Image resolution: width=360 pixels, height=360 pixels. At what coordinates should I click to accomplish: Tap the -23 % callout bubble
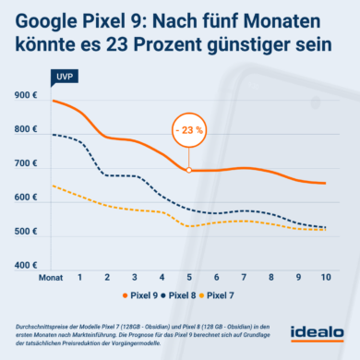click(x=188, y=130)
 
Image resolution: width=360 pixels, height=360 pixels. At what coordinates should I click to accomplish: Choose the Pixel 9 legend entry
click(x=154, y=295)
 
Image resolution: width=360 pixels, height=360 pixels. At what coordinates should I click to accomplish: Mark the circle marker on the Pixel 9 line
click(x=189, y=170)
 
